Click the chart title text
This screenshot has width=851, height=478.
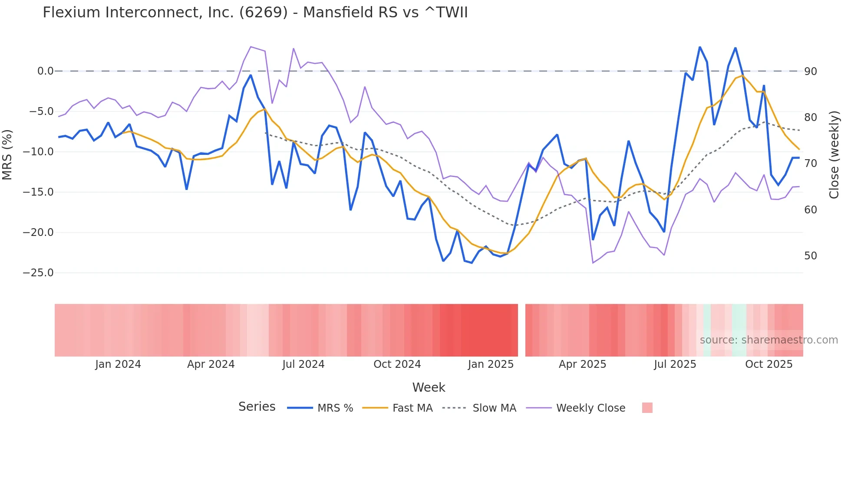click(x=255, y=13)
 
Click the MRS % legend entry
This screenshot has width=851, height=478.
click(x=335, y=408)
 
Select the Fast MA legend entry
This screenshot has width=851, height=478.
click(x=412, y=408)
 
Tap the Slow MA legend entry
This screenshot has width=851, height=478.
click(x=494, y=408)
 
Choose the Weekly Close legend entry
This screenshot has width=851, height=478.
click(x=590, y=408)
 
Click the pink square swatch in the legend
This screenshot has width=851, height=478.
click(x=647, y=408)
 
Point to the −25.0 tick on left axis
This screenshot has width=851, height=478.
click(x=38, y=273)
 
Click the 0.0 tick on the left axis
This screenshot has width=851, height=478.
click(x=45, y=71)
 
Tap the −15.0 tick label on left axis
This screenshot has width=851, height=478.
click(x=38, y=192)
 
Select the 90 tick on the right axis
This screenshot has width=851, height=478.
click(x=811, y=72)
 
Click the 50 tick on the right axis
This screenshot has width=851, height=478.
click(x=811, y=256)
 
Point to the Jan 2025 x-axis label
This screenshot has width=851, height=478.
click(x=491, y=364)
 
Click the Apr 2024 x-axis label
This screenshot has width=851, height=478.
click(x=211, y=364)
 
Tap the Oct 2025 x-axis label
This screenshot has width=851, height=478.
click(x=769, y=364)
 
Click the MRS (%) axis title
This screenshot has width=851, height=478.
click(x=7, y=155)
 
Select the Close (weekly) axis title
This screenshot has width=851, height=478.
click(x=834, y=155)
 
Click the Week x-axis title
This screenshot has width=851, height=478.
click(x=429, y=387)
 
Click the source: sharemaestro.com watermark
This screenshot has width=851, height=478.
click(x=769, y=340)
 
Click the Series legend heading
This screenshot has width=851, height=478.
click(x=257, y=407)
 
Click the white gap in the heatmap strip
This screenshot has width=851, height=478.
click(x=521, y=330)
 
